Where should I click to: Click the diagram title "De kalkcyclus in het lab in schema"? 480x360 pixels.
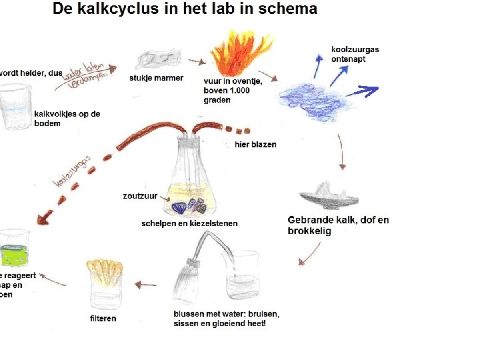tap(185, 10)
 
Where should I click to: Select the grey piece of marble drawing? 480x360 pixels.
tap(159, 59)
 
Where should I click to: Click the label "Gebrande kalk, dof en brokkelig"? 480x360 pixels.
tap(338, 225)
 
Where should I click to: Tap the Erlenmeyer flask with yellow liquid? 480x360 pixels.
tap(195, 180)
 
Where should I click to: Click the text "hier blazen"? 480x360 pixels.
tap(255, 144)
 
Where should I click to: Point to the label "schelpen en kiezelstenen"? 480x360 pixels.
tap(189, 223)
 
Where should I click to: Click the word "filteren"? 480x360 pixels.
tap(103, 319)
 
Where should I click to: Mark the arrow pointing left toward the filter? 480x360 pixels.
tap(145, 285)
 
